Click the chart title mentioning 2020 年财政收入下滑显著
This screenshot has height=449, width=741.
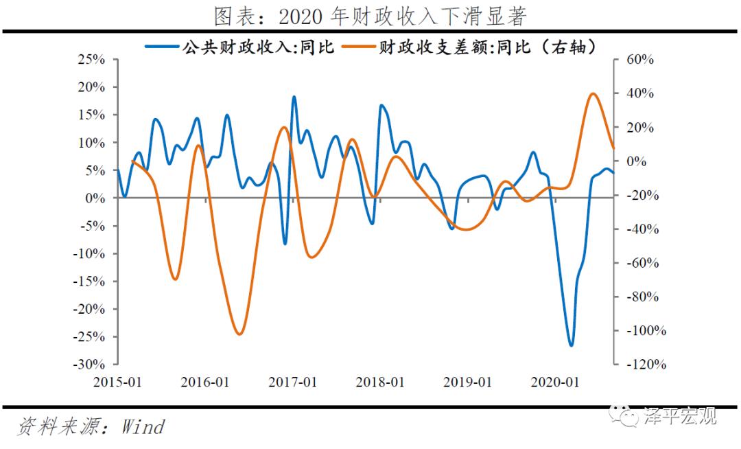[370, 15]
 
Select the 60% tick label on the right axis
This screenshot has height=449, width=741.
[641, 60]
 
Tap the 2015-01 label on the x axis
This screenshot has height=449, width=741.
[117, 382]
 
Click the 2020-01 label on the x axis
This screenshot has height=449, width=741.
[554, 382]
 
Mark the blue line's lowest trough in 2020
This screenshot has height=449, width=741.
[571, 345]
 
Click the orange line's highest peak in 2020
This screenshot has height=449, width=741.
[593, 93]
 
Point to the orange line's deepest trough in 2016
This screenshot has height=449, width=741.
[239, 334]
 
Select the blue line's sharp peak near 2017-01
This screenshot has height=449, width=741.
[294, 97]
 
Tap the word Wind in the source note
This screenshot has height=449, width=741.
[143, 426]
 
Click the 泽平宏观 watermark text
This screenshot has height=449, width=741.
[679, 416]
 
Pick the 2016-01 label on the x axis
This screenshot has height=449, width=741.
[204, 382]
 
